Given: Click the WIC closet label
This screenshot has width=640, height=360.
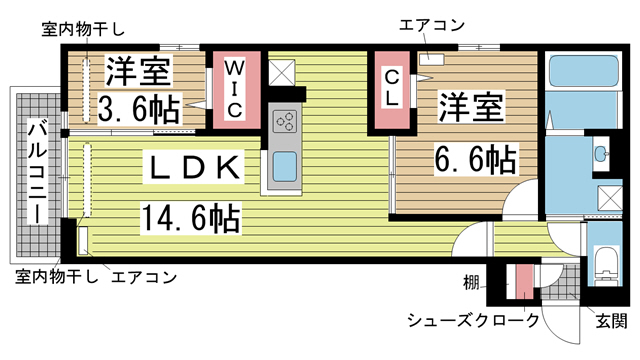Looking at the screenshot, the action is [x=231, y=88].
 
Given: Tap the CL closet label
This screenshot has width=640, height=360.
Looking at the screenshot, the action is [x=392, y=86].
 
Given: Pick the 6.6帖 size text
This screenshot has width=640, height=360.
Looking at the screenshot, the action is [x=474, y=158].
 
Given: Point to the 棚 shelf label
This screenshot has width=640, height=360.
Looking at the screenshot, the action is [x=470, y=283].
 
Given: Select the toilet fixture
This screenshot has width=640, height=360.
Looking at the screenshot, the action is [x=603, y=266].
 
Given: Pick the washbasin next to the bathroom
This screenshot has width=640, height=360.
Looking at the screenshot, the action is [x=601, y=155].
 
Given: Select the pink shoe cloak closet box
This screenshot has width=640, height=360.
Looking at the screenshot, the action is [x=524, y=282].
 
